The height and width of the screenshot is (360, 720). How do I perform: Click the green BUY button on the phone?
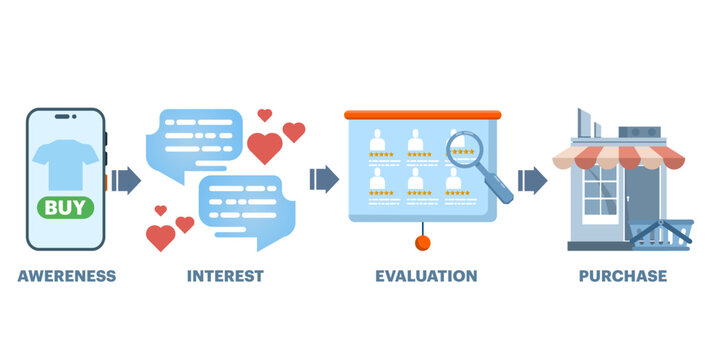[67, 208]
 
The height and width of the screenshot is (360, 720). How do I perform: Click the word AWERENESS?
[66, 275]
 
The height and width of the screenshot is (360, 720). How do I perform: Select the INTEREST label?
[225, 275]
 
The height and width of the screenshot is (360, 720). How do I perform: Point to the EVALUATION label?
[426, 275]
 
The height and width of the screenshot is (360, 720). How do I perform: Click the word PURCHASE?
[623, 275]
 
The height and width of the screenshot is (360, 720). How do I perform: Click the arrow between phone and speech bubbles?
[126, 180]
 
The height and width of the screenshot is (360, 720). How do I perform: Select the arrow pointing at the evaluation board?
[324, 180]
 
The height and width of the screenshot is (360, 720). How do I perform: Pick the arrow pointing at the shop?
[532, 180]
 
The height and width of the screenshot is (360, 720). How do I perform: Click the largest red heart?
[264, 148]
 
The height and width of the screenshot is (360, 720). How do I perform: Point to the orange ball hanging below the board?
[423, 243]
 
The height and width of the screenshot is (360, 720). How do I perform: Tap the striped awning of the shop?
[620, 156]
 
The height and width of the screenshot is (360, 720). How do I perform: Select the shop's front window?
[600, 190]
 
